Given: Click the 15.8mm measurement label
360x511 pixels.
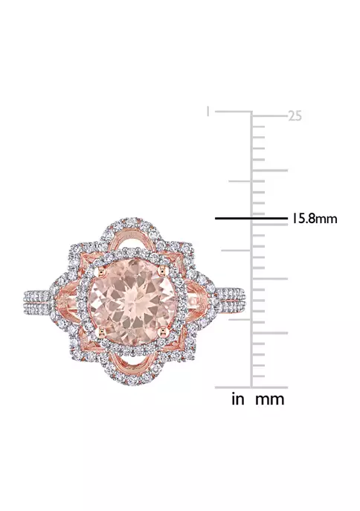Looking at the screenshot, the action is pyautogui.click(x=313, y=219).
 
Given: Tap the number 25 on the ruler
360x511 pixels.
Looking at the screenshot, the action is pyautogui.click(x=295, y=116).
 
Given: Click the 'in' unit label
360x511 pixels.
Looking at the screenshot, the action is pyautogui.click(x=238, y=399).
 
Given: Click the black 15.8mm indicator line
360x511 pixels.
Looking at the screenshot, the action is pyautogui.click(x=251, y=218).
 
